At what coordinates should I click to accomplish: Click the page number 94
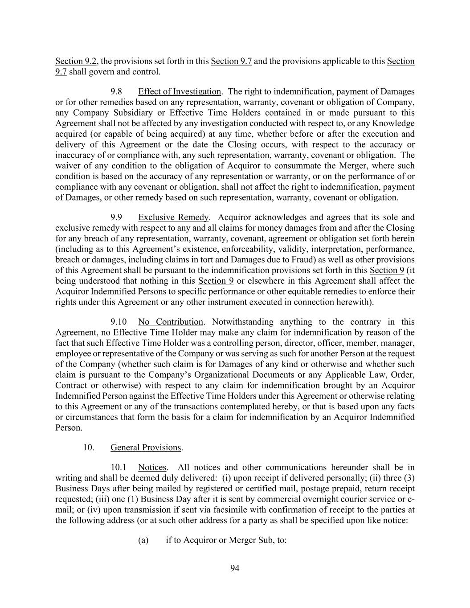[235, 568]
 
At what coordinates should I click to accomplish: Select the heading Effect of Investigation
[179, 92]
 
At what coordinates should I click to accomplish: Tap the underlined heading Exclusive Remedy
[173, 217]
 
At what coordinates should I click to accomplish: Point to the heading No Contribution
[170, 322]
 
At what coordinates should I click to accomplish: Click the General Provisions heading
[146, 448]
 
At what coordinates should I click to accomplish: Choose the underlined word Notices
[152, 468]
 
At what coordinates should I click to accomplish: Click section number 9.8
[116, 92]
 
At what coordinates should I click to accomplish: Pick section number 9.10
[119, 322]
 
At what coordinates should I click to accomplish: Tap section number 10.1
[119, 468]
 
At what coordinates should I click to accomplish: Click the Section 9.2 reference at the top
[76, 61]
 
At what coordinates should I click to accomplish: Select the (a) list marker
[143, 540]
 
